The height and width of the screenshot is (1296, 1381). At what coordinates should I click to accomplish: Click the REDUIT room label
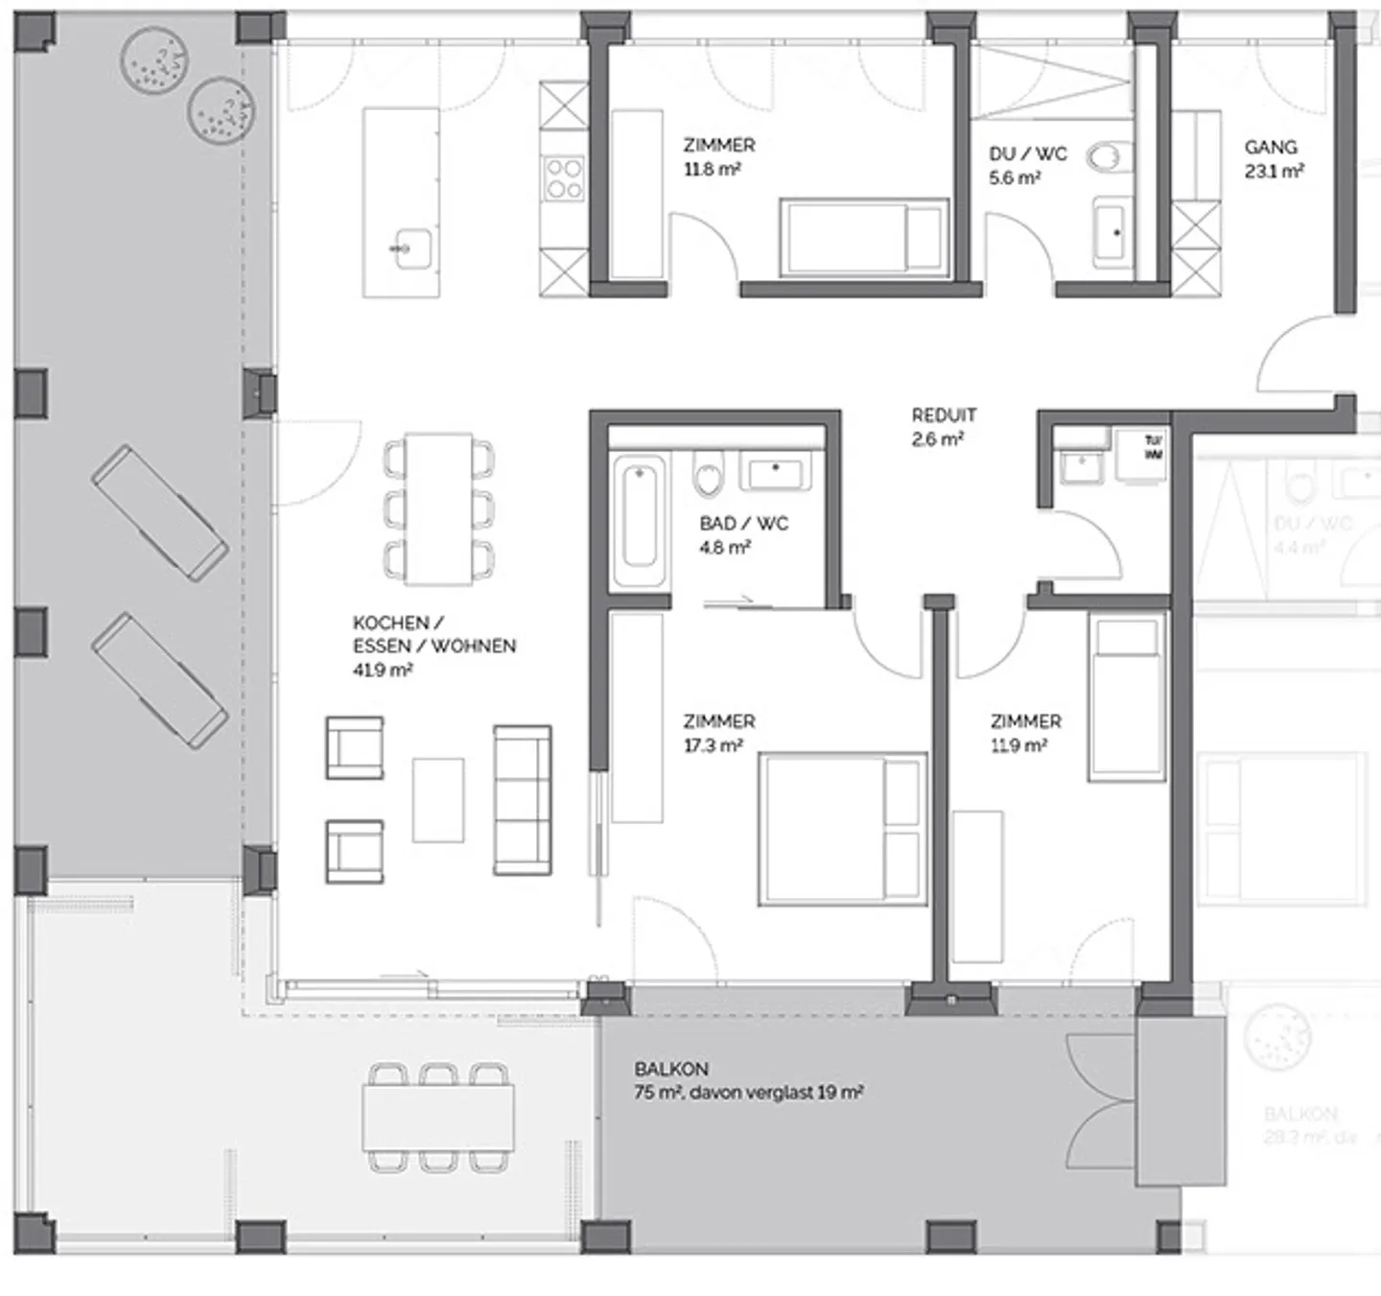coord(944,415)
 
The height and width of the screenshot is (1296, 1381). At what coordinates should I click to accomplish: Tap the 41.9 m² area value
coord(382,670)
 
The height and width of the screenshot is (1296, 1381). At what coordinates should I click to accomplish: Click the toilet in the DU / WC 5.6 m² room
coord(1111,156)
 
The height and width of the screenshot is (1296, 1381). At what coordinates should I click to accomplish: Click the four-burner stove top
coord(563,178)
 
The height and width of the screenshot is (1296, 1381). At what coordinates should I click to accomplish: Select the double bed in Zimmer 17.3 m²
coord(842,829)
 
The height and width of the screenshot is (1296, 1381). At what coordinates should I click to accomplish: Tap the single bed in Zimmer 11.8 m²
coord(863,236)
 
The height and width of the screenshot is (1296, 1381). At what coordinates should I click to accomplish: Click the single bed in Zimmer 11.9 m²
coord(1126,696)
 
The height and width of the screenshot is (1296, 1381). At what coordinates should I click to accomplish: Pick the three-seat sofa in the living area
coord(522,800)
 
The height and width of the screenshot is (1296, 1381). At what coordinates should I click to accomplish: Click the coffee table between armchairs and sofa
coord(438,800)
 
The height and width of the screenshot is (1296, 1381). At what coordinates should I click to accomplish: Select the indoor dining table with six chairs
coord(438,508)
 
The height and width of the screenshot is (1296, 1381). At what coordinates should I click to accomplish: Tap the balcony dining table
coord(438,1117)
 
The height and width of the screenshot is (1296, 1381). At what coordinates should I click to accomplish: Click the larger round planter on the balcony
coord(153,60)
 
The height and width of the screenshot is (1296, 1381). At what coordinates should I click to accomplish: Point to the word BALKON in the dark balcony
coord(671,1069)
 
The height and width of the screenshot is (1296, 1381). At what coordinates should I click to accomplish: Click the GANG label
coord(1271,147)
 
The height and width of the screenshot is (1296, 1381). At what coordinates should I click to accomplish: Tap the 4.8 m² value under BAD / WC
coord(725,548)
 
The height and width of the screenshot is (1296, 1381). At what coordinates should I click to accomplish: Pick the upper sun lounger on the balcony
coord(160,512)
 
